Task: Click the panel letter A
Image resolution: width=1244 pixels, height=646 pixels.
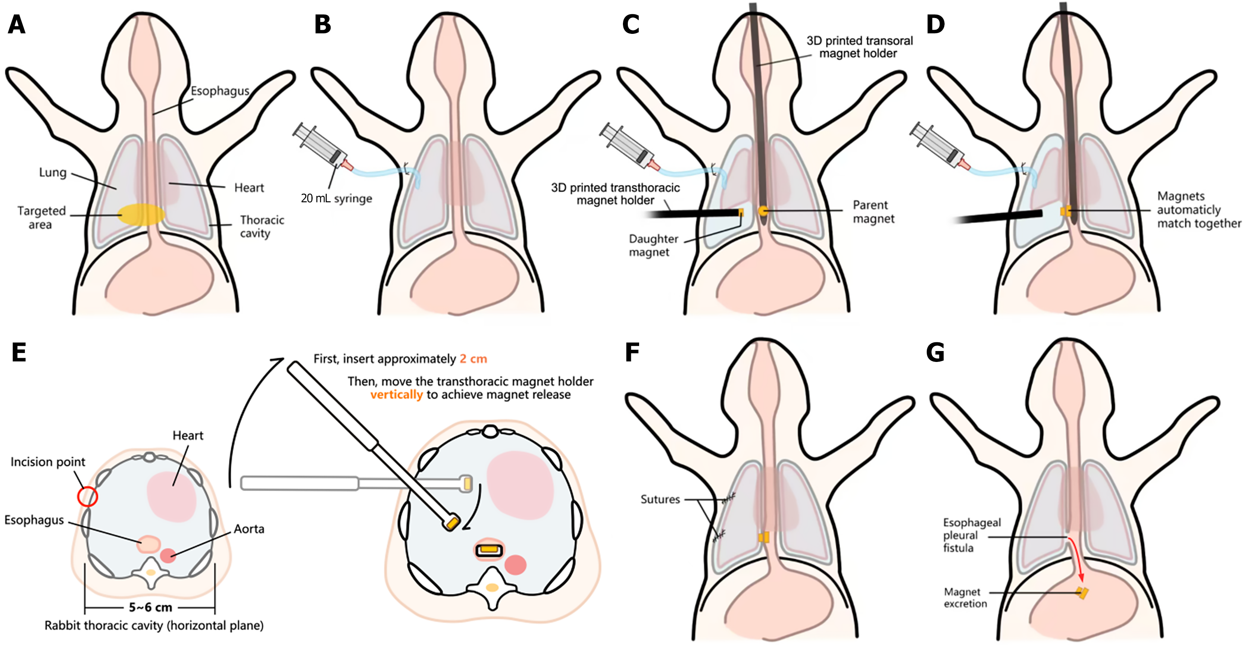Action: (x=17, y=24)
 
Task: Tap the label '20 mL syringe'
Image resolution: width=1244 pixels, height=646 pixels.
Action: (x=336, y=199)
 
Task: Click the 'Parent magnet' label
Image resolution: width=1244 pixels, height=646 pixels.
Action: (x=873, y=211)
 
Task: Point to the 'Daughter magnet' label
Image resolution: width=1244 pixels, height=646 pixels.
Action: (x=653, y=245)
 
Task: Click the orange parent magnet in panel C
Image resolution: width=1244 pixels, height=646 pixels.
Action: (x=763, y=211)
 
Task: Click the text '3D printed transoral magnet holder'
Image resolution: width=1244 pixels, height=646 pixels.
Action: (x=859, y=47)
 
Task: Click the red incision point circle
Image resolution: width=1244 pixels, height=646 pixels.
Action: (x=87, y=496)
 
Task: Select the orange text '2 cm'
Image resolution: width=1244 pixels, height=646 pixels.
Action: (x=473, y=359)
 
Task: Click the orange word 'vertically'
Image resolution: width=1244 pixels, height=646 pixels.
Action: (x=396, y=395)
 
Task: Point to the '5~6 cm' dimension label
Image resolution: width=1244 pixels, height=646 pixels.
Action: (x=150, y=607)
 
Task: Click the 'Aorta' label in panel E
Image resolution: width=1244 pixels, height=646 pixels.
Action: (x=249, y=529)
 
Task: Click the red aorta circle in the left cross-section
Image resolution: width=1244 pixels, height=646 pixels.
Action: (x=168, y=556)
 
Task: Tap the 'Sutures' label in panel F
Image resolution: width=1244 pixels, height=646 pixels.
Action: (x=660, y=500)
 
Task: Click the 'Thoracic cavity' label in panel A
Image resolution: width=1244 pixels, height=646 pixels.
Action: (x=262, y=226)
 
